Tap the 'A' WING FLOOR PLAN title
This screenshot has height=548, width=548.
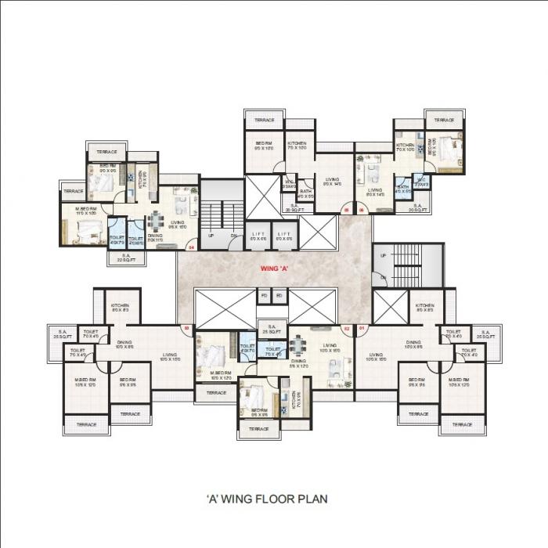[x=265, y=498]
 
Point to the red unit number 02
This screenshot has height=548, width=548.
[x=347, y=329]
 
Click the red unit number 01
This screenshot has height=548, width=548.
[x=361, y=329]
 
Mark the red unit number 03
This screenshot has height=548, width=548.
[x=186, y=329]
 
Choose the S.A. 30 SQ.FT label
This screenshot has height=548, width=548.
[x=295, y=208]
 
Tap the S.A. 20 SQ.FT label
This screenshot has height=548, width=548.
[x=407, y=208]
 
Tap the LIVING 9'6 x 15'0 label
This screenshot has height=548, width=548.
[x=178, y=225]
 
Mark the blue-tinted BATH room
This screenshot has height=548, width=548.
[x=402, y=188]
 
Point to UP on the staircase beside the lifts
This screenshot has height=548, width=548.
[x=211, y=235]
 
